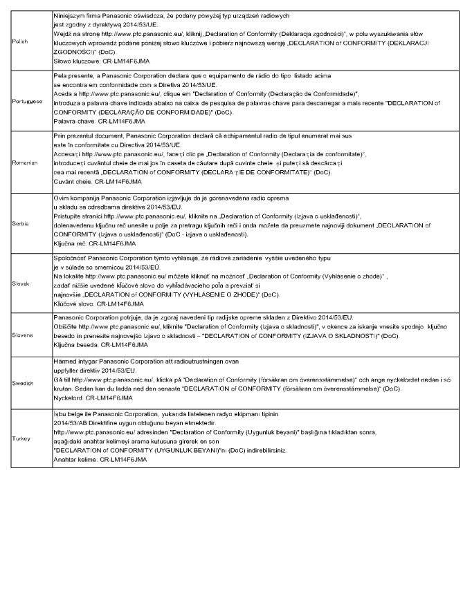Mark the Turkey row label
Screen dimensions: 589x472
[22, 439]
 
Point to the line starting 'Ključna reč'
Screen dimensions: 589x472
[87, 244]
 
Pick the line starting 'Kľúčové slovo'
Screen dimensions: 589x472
[89, 303]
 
